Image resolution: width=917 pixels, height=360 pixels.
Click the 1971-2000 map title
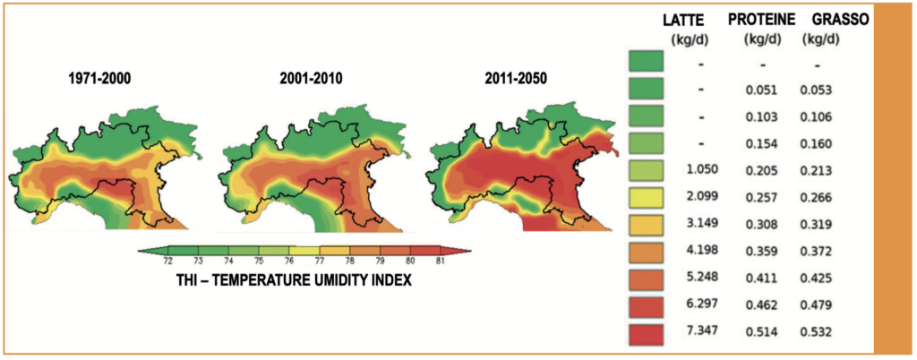click(99, 78)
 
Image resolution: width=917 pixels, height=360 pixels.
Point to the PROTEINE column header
click(761, 20)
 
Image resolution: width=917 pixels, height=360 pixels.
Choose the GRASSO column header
click(840, 20)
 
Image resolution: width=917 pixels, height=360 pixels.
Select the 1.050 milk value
click(702, 170)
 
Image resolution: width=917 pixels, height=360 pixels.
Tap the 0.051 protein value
click(761, 90)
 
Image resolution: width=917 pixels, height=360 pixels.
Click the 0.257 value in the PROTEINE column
click(761, 198)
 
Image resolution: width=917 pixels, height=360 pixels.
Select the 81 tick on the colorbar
click(440, 261)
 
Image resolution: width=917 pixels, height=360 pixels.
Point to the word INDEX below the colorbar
click(392, 280)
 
